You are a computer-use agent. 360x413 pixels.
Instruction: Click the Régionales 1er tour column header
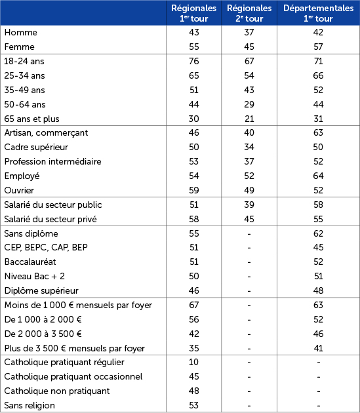[193, 13]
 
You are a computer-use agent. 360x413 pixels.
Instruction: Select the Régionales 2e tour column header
[249, 13]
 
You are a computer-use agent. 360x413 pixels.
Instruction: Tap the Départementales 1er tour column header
[317, 13]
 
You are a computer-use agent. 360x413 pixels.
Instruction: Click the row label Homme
[20, 33]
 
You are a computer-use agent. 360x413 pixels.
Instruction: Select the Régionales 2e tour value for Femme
[249, 47]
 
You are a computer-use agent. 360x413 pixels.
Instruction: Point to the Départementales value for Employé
[317, 176]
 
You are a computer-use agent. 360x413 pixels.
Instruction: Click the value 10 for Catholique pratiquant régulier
[193, 363]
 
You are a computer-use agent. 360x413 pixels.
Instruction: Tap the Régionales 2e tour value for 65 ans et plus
[249, 119]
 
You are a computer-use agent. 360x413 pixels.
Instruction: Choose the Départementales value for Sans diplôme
[317, 233]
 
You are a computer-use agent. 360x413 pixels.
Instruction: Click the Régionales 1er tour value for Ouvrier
[193, 191]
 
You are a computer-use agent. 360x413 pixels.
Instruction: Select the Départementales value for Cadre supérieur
[317, 147]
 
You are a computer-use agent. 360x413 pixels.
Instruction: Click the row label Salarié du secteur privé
[52, 219]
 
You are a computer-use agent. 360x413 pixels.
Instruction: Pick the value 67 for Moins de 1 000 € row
[193, 305]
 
